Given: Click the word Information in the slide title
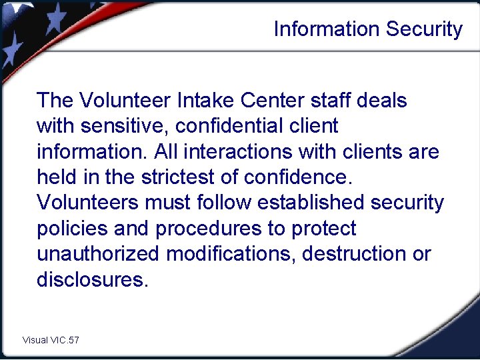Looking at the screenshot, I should click(x=319, y=29).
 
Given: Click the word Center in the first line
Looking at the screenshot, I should click(x=274, y=101).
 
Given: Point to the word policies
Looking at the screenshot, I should click(x=72, y=229).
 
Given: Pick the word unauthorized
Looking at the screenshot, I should click(x=98, y=254).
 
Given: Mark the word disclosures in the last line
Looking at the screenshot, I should click(x=90, y=279).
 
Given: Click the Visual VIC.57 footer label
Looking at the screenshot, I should click(x=51, y=340).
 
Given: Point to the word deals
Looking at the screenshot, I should click(x=382, y=101).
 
